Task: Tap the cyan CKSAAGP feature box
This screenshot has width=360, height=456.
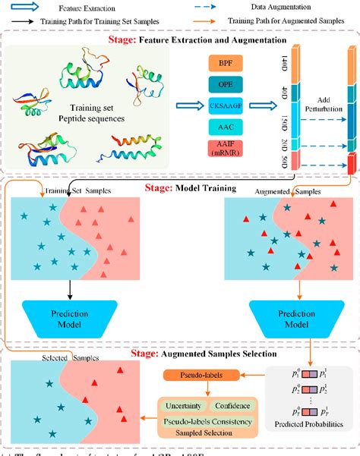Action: tap(226, 105)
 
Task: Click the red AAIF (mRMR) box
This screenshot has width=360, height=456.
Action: tap(226, 149)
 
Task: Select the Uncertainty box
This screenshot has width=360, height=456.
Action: tap(183, 407)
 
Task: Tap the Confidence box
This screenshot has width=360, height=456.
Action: tap(232, 407)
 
